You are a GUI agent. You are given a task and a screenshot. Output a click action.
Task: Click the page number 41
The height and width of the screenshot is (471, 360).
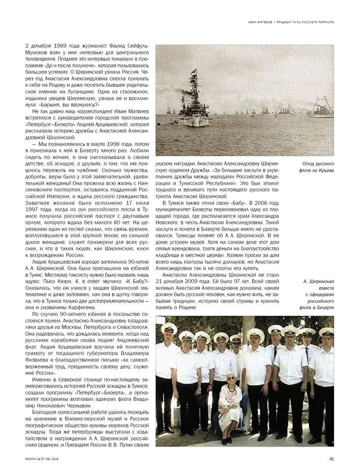332,459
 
